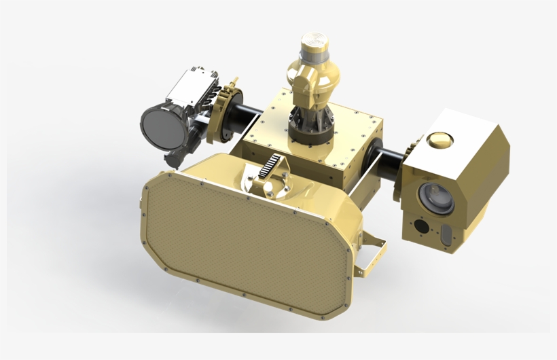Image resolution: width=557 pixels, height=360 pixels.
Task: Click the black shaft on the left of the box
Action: point(245,115)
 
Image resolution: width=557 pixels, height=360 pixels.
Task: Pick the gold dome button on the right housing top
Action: point(439,140)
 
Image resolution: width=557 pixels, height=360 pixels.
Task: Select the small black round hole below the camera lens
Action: point(421,226)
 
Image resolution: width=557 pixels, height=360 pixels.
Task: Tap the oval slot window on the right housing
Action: point(446,234)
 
